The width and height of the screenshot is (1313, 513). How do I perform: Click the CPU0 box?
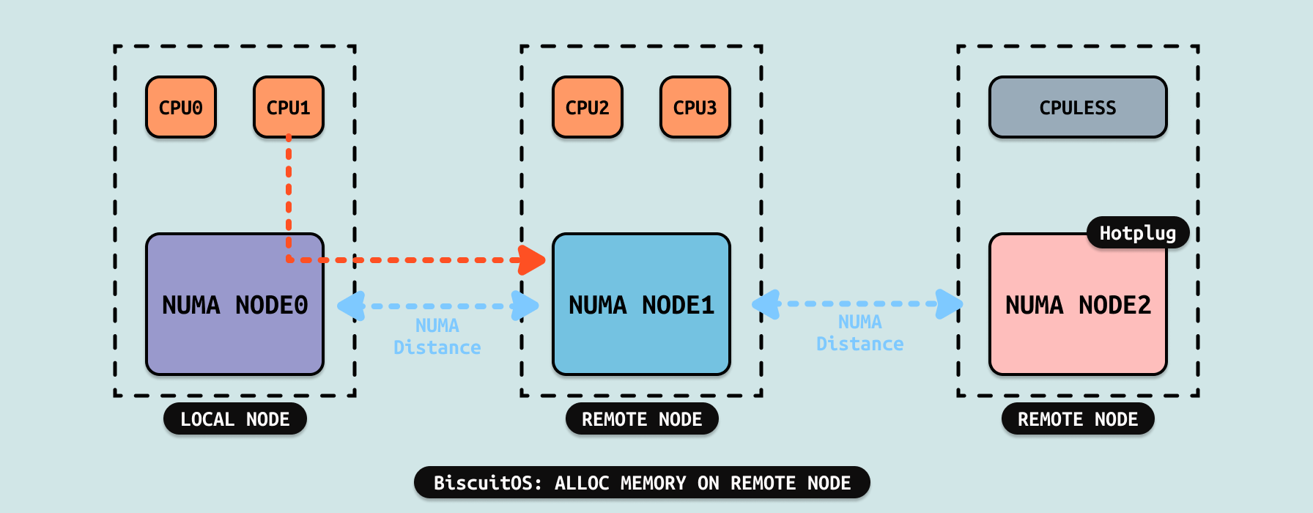click(x=181, y=107)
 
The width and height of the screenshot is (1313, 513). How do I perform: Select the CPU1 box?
click(x=289, y=107)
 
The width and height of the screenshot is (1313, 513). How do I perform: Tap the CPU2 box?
click(x=588, y=107)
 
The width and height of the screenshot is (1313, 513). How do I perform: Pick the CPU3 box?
click(x=695, y=107)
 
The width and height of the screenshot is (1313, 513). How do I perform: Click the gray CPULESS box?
click(x=1078, y=107)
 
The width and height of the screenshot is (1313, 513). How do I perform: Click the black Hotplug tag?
click(x=1138, y=233)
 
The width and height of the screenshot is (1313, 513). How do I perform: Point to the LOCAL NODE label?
click(x=235, y=419)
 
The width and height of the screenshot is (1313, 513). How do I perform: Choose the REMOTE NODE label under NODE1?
click(x=642, y=419)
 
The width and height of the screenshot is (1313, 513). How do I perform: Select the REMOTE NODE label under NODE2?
click(x=1078, y=419)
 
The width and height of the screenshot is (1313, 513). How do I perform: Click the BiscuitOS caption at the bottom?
click(x=642, y=483)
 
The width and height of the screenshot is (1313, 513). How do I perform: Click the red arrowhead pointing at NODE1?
click(x=533, y=259)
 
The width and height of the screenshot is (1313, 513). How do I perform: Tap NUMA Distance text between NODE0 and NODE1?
click(x=437, y=336)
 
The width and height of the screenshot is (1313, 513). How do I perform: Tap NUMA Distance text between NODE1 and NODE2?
click(x=860, y=333)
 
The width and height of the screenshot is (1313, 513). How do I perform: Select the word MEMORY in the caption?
click(x=653, y=483)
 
